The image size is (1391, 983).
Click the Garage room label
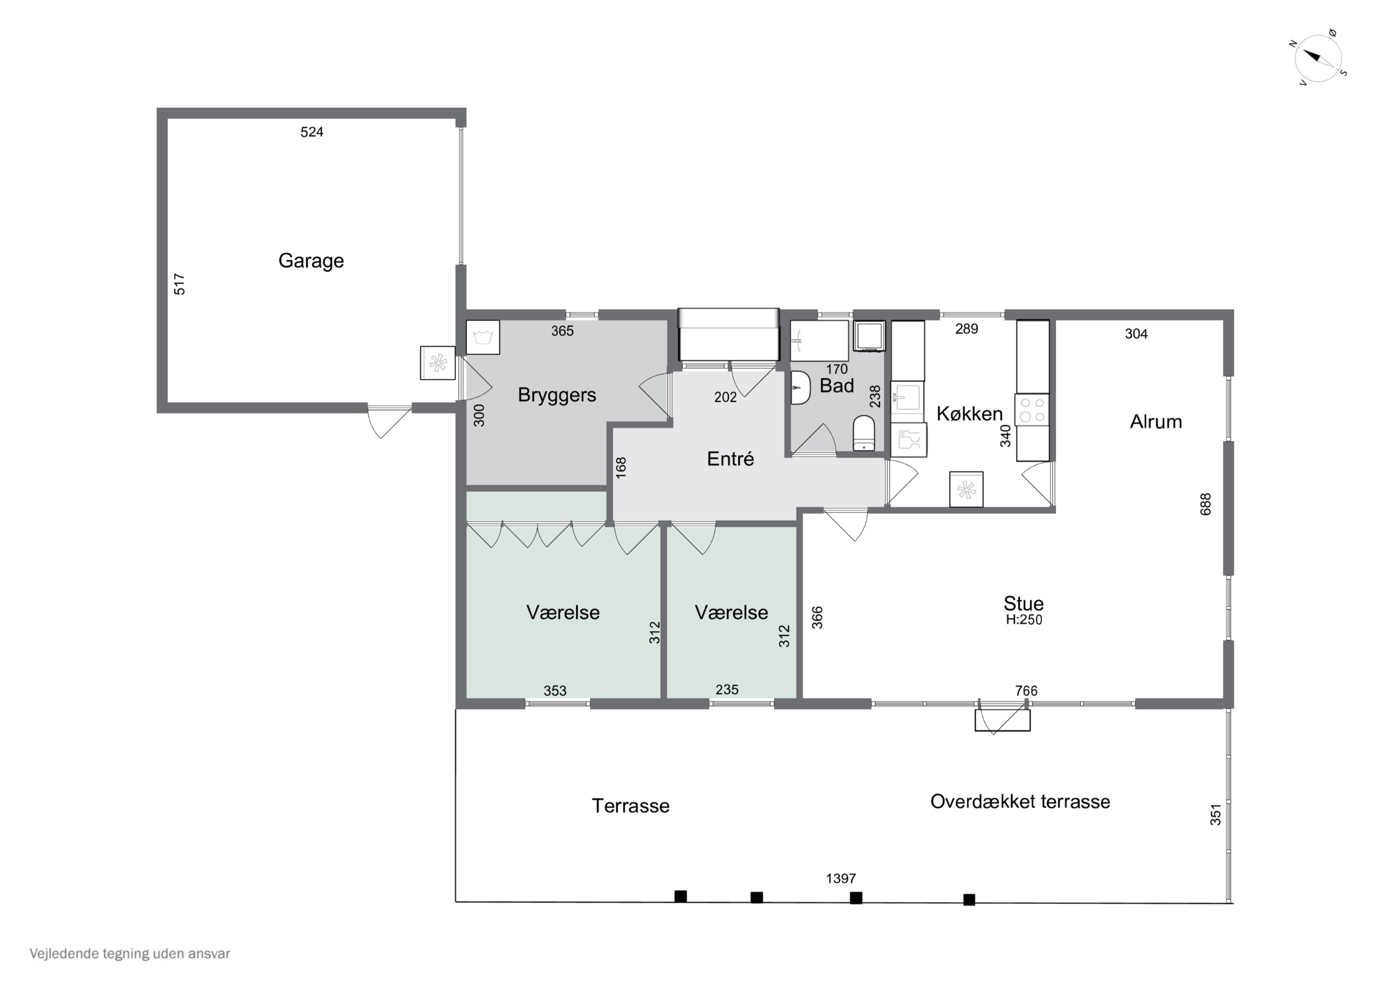[311, 260]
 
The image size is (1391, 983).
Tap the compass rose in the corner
[1318, 59]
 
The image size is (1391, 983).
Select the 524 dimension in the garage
[312, 132]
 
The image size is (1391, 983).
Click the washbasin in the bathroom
[800, 387]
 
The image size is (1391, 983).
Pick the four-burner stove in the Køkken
[1032, 409]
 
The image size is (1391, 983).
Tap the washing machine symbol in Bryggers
[483, 337]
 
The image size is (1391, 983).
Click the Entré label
[730, 459]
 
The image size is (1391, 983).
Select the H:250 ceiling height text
[1024, 620]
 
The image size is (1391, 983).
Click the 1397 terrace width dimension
[841, 878]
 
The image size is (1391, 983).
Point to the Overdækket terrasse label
[1020, 802]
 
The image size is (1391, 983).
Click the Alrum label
[1156, 422]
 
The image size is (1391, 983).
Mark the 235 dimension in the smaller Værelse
[727, 690]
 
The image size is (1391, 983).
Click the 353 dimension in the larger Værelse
[555, 691]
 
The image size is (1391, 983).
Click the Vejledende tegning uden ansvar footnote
[130, 954]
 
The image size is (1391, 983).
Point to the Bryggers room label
[557, 395]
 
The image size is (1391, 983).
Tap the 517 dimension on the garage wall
[179, 284]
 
